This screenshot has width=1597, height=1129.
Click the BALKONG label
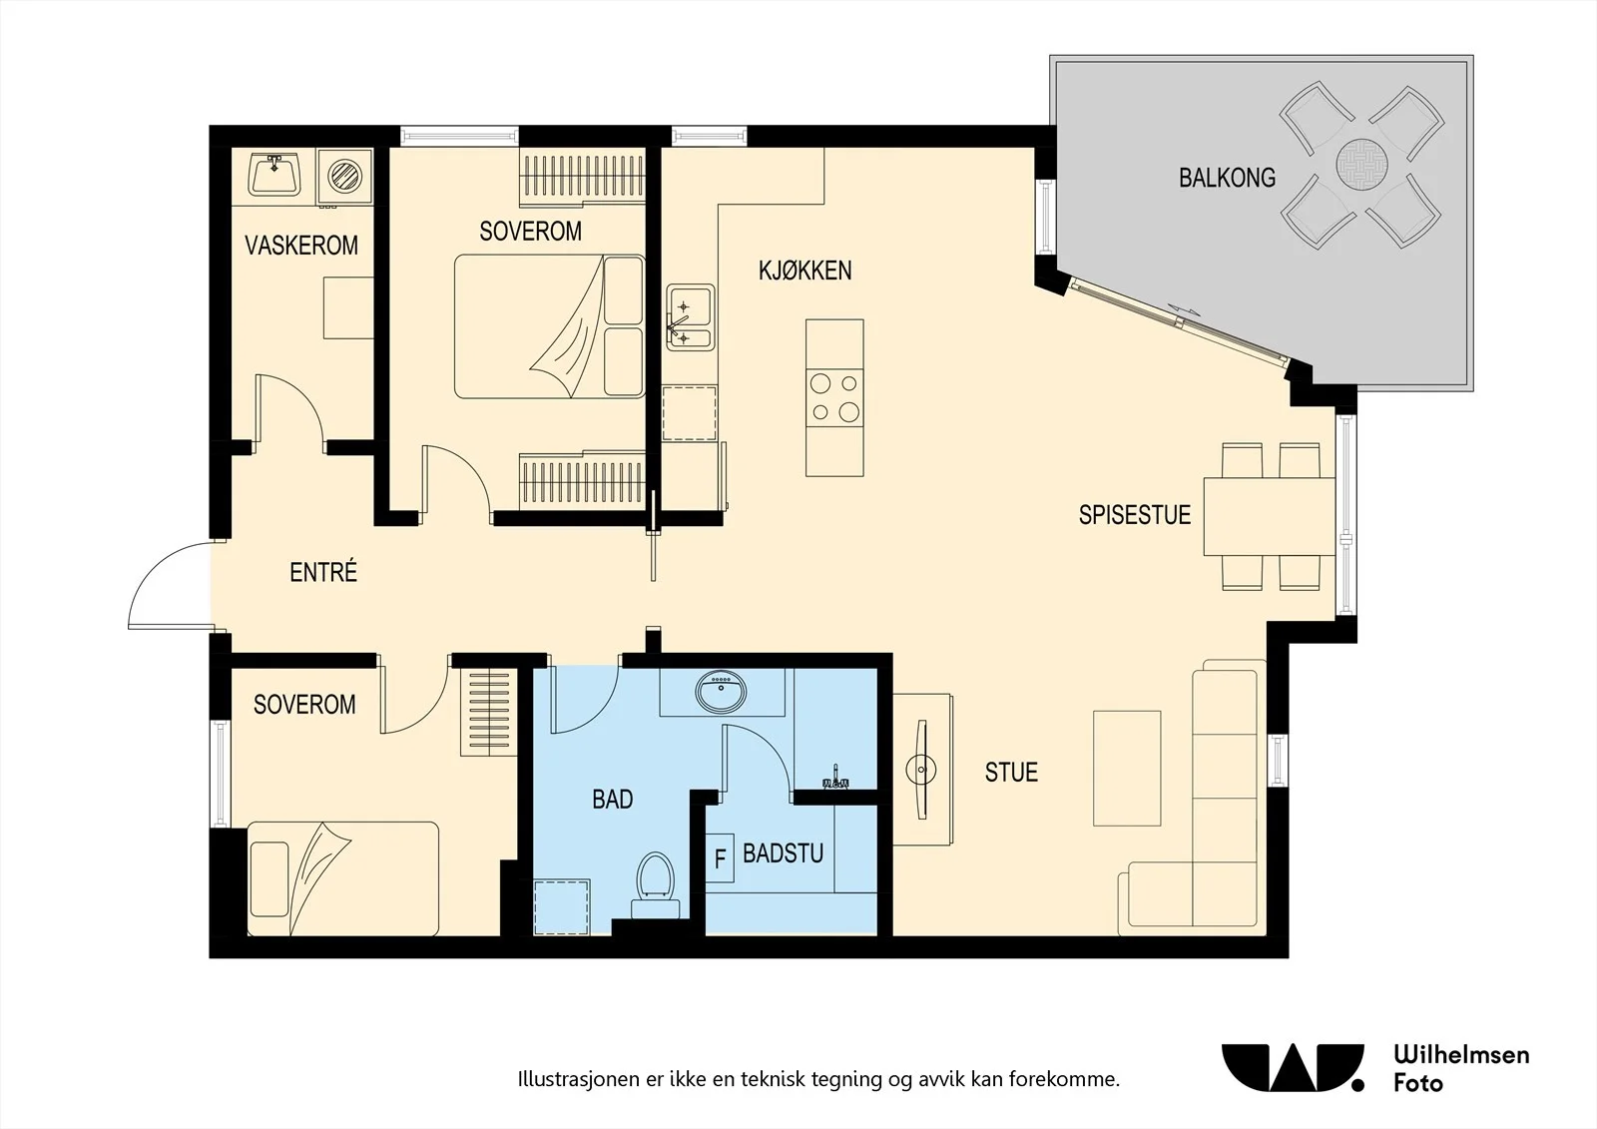pos(1227,178)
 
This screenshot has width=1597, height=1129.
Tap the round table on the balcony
pos(1361,164)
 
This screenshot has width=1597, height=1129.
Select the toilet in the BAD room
pos(655,884)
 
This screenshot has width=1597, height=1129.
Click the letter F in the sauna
pos(720,858)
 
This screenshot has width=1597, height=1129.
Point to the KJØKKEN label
pos(804,271)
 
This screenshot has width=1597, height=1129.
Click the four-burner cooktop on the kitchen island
pos(834,398)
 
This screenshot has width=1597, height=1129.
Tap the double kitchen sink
pos(690,317)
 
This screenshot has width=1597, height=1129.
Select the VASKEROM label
pos(301,246)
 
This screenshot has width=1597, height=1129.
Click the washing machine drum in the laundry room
pos(345,176)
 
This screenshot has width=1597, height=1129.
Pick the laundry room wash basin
pos(274,174)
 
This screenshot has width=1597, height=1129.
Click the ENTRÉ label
pos(323,572)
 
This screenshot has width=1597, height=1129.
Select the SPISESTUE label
pos(1134,515)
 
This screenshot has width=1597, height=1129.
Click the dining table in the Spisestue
pos(1269,516)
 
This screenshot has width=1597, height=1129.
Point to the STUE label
pos(1011,772)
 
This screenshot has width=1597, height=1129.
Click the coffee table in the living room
pos(1127,768)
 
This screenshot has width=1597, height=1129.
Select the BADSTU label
pos(783,853)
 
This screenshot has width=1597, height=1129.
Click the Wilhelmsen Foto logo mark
pos(1293,1068)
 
